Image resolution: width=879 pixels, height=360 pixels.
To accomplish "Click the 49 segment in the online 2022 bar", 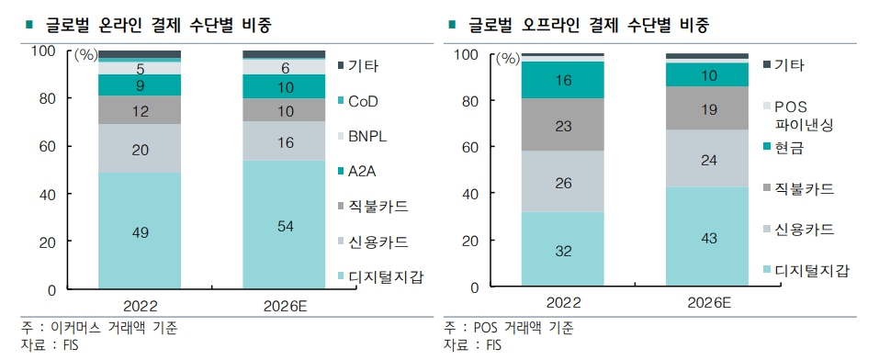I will pyautogui.click(x=140, y=232).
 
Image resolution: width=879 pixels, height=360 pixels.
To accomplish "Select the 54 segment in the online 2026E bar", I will pyautogui.click(x=284, y=226).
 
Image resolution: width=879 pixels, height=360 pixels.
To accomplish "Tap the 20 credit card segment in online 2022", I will pyautogui.click(x=140, y=149).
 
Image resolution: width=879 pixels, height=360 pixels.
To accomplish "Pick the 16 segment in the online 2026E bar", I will pyautogui.click(x=284, y=142).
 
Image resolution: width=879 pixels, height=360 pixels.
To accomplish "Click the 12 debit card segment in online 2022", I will pyautogui.click(x=140, y=110).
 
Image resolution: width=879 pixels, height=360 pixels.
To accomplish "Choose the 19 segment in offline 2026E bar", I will pyautogui.click(x=708, y=108).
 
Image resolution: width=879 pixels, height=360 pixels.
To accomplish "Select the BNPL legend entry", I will pyautogui.click(x=371, y=136).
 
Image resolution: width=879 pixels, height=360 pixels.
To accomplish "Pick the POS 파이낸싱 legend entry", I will pyautogui.click(x=803, y=116).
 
